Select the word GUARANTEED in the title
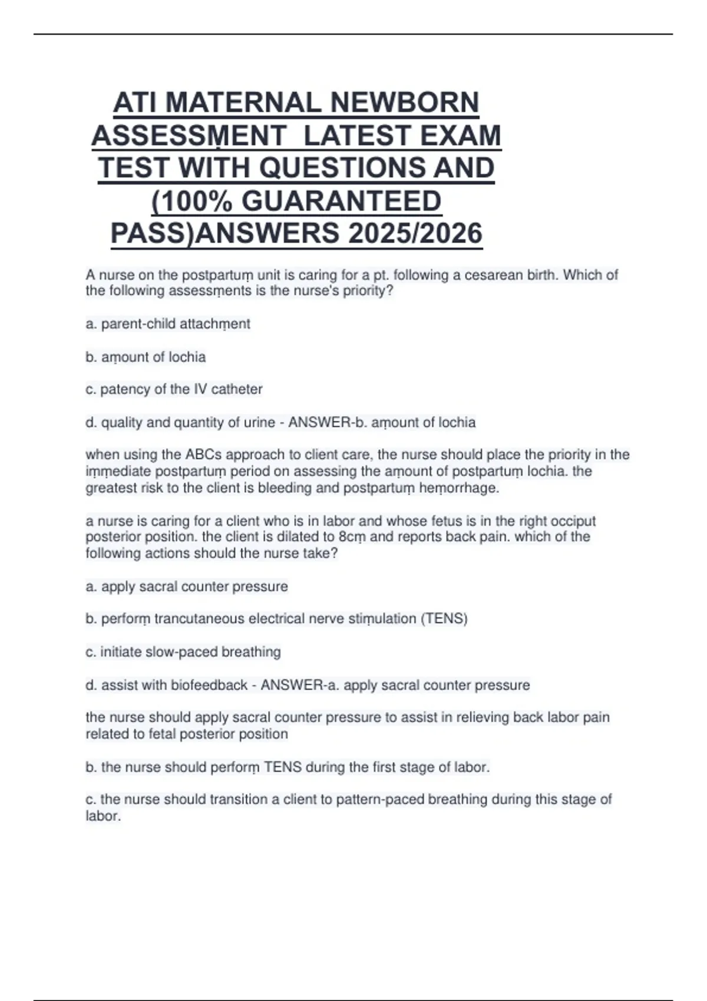click(341, 201)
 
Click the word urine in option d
click(262, 423)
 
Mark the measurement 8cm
click(353, 537)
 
